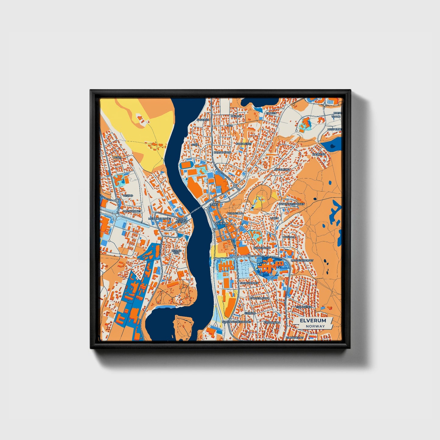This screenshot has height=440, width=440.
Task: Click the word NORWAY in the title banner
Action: pyautogui.click(x=316, y=326)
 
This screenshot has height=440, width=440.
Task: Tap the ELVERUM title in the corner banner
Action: pyautogui.click(x=313, y=321)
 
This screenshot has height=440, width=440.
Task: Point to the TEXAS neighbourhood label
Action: pyautogui.click(x=117, y=157)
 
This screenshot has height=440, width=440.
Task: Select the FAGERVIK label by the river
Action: pyautogui.click(x=203, y=120)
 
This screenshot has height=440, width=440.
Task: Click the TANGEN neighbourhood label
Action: pyautogui.click(x=271, y=113)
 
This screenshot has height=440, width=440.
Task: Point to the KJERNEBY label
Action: pyautogui.click(x=319, y=154)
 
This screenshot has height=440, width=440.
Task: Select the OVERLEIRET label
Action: pyautogui.click(x=282, y=169)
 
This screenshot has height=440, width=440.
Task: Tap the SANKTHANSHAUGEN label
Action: pyautogui.click(x=291, y=204)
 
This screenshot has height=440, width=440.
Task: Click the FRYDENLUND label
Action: pyautogui.click(x=262, y=248)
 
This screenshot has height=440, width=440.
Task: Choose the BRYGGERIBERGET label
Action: pyautogui.click(x=302, y=261)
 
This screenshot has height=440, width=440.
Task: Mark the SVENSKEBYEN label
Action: pyautogui.click(x=249, y=283)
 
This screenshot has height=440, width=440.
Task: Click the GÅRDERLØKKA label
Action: pyautogui.click(x=259, y=298)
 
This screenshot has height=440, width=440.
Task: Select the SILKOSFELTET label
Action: pyautogui.click(x=295, y=337)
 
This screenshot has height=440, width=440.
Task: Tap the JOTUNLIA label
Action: pyautogui.click(x=289, y=237)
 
